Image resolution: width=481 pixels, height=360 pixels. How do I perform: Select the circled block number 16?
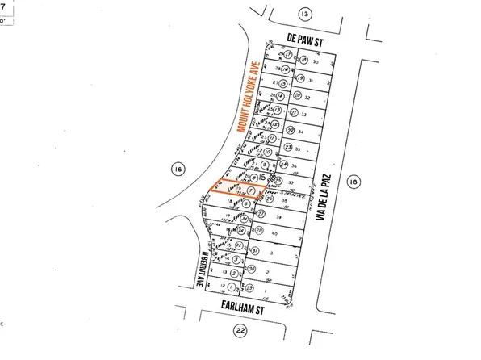(x=178, y=168)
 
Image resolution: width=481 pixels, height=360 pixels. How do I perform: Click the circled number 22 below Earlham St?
(x=239, y=329)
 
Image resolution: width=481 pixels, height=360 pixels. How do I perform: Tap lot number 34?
(x=300, y=131)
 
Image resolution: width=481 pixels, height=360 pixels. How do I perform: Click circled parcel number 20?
(x=297, y=95)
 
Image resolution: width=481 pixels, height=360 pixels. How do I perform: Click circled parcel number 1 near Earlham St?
(x=232, y=287)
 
